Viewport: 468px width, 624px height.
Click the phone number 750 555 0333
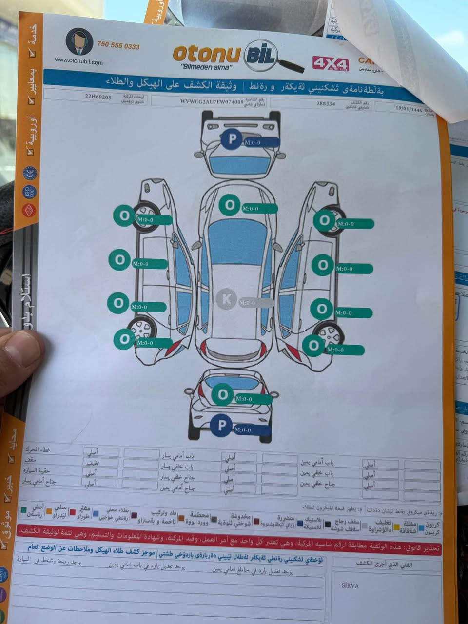click(118, 46)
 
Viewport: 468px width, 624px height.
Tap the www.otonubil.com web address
click(78, 62)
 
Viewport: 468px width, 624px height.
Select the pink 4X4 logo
click(331, 64)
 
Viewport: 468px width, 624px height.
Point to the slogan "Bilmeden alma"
click(206, 66)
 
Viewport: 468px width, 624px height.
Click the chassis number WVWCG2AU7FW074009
click(211, 101)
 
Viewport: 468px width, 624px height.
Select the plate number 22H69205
click(98, 97)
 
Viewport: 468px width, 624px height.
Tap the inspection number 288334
click(326, 104)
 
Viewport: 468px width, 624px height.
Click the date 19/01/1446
click(409, 110)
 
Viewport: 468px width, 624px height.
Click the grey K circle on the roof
click(226, 299)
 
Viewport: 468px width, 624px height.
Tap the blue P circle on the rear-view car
click(222, 426)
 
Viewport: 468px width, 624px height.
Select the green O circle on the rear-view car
click(223, 394)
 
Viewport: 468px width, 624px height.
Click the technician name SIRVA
click(350, 585)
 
